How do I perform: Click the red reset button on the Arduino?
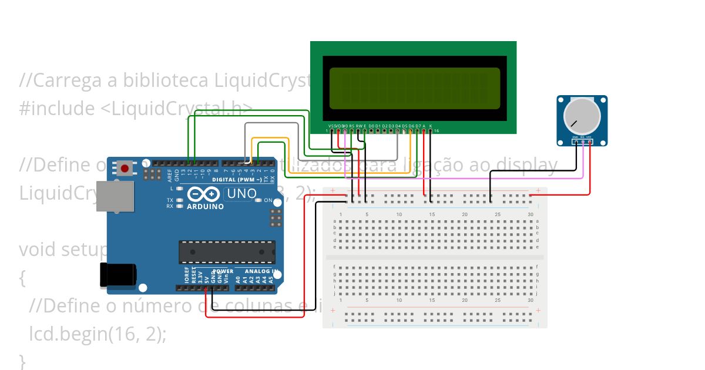tap(124, 169)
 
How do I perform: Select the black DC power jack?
tap(117, 275)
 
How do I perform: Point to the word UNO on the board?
tap(241, 193)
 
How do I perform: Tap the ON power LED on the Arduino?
tap(258, 200)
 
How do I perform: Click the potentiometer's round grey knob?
tap(582, 115)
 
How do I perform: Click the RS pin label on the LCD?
tap(352, 126)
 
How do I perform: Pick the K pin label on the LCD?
tap(431, 126)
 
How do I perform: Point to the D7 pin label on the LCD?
tap(418, 126)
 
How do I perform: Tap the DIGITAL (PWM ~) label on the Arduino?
tap(237, 179)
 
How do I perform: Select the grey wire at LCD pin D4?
tap(398, 147)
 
